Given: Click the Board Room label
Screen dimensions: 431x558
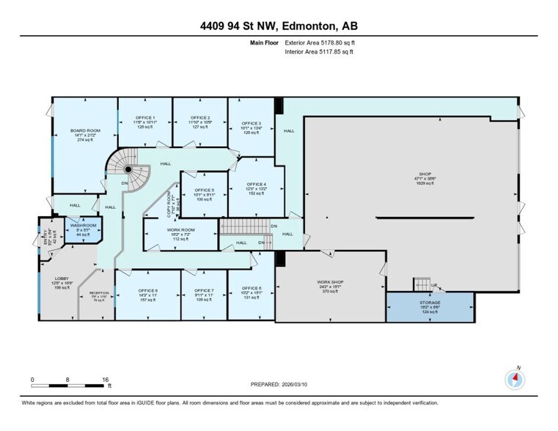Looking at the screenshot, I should [x=85, y=130].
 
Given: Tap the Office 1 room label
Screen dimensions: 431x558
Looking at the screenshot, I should [x=144, y=118].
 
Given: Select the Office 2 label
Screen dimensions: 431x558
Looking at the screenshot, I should [x=200, y=118].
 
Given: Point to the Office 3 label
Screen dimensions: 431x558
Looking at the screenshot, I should [x=252, y=123].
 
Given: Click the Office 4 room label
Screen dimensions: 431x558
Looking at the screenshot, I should [x=256, y=184].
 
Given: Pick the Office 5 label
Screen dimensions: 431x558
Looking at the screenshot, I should [x=204, y=191].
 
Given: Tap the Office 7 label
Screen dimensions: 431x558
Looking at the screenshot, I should [x=204, y=290].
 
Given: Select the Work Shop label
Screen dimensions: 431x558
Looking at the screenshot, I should [x=329, y=281].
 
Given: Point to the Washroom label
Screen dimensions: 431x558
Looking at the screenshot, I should [x=83, y=226].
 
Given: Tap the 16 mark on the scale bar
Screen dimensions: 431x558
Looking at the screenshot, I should [x=106, y=380].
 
